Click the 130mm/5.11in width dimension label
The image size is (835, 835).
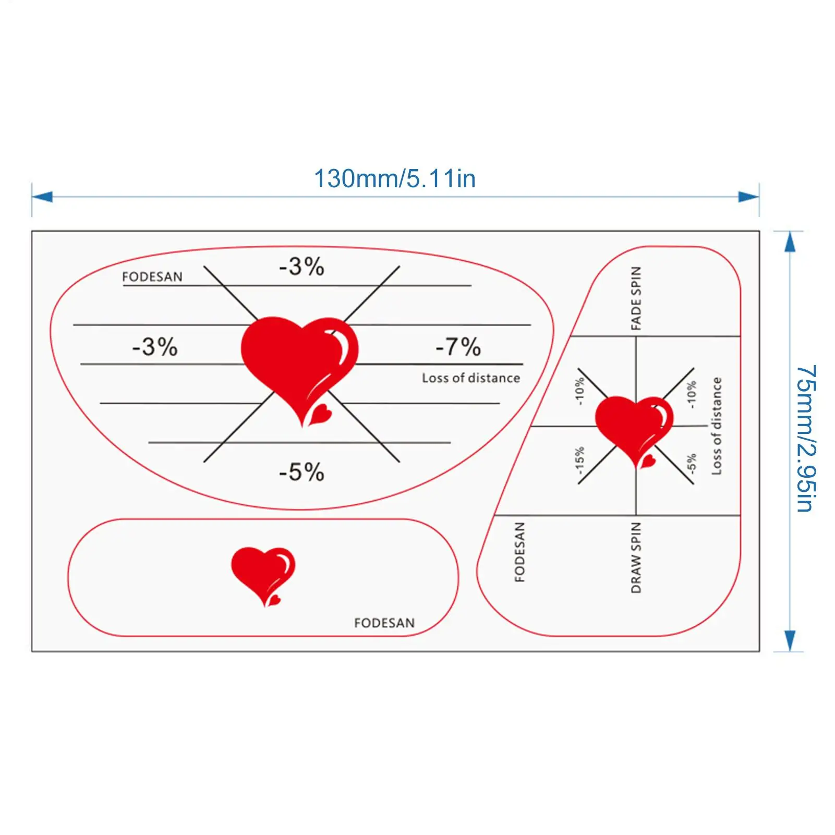[394, 179]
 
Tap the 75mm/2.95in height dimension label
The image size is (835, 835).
[805, 438]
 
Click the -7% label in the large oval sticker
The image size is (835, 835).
[458, 346]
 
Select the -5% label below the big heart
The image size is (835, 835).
[301, 472]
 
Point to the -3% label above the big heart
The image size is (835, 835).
[301, 267]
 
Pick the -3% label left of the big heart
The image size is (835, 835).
[155, 347]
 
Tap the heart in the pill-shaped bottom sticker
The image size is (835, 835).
[263, 574]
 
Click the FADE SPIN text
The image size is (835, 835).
[636, 298]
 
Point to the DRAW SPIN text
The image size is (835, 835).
[636, 558]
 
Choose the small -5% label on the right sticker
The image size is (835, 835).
[692, 463]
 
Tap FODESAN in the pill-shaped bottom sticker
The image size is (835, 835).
[384, 623]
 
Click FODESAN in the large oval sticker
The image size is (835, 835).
[152, 276]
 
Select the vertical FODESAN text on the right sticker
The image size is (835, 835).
[520, 552]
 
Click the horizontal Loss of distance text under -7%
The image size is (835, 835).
[471, 378]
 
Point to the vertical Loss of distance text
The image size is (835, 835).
[717, 426]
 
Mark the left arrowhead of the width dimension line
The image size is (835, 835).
[42, 197]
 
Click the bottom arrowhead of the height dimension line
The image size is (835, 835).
[790, 640]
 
